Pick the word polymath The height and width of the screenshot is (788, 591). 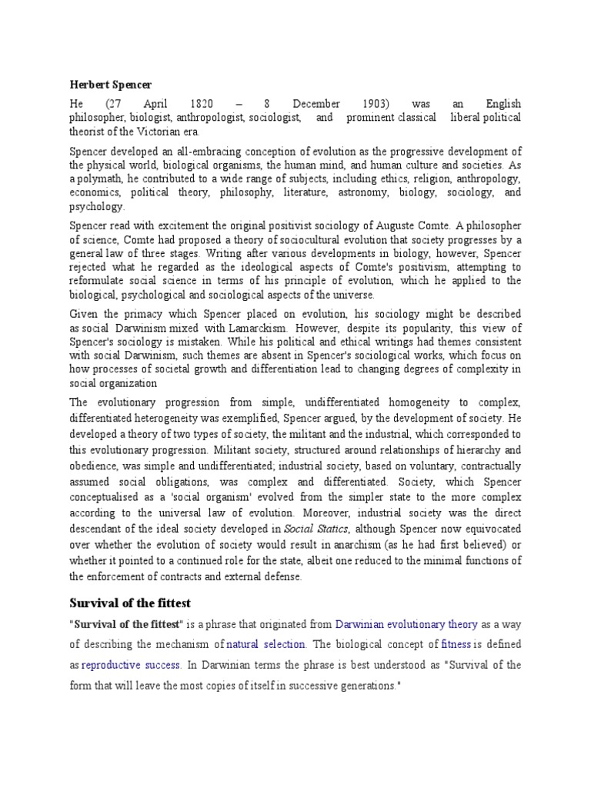[x=98, y=179]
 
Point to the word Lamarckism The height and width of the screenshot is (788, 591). [x=248, y=328]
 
